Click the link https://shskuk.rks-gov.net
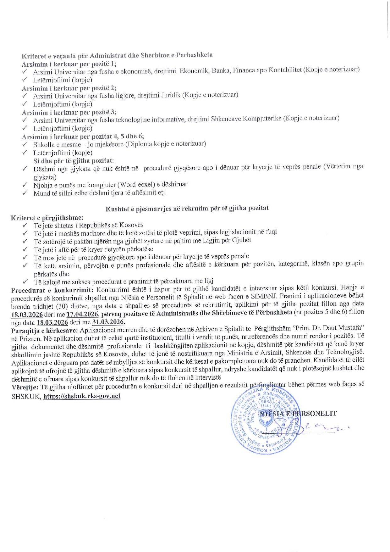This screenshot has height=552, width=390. click(82, 396)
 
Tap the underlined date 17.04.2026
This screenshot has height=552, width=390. click(82, 314)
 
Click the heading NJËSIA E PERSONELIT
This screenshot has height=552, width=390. click(297, 413)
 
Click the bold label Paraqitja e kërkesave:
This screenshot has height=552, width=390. click(44, 330)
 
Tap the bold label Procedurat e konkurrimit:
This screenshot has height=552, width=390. click(52, 290)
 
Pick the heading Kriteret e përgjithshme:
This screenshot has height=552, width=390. click(47, 218)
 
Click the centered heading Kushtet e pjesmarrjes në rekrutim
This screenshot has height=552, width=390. click(187, 208)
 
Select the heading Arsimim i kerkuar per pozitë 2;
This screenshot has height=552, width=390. click(69, 88)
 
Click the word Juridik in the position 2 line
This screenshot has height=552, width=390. click(171, 95)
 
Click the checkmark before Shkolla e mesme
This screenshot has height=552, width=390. click(25, 144)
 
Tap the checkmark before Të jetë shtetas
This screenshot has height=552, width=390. click(25, 225)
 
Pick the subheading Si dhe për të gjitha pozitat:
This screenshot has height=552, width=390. click(74, 161)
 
